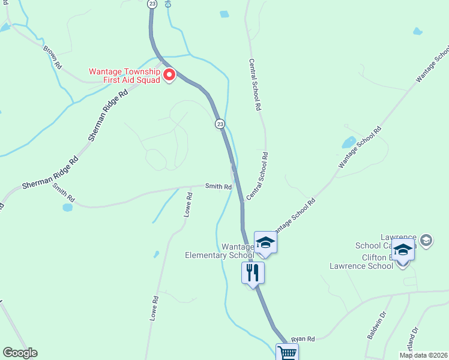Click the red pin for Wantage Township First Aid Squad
tap(169, 75)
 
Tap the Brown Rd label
tap(52, 55)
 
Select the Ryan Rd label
tap(303, 339)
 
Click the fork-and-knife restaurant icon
tap(253, 273)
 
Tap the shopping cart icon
tap(286, 353)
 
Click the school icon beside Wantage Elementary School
tap(265, 242)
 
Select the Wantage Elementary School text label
tap(220, 251)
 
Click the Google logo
tap(20, 353)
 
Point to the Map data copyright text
tap(423, 355)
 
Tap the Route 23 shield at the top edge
tap(152, 4)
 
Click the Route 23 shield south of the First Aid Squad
tap(220, 124)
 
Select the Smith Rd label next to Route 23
tap(218, 187)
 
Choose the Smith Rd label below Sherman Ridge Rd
tap(63, 192)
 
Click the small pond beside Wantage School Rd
tap(348, 143)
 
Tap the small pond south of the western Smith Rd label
tap(67, 208)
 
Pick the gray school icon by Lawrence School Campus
tap(426, 241)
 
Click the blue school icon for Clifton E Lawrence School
tap(403, 250)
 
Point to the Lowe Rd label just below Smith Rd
tap(189, 205)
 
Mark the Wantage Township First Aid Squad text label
tap(124, 75)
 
